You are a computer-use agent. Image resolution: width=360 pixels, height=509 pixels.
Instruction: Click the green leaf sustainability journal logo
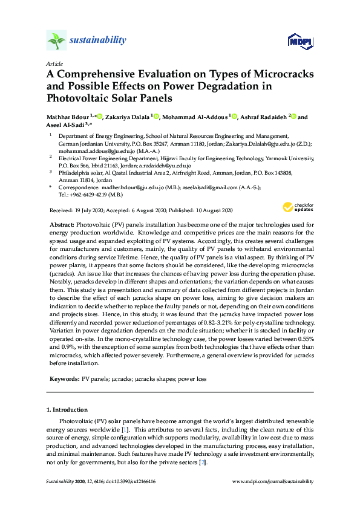pyautogui.click(x=56, y=41)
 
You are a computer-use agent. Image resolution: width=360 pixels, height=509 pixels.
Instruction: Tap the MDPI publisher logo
pyautogui.click(x=299, y=41)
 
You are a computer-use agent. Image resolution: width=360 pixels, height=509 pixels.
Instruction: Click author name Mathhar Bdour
pyautogui.click(x=68, y=117)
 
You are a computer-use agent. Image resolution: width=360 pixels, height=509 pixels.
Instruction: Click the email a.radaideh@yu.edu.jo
pyautogui.click(x=165, y=165)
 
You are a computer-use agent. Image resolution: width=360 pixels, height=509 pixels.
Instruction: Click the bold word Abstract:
pyautogui.click(x=62, y=224)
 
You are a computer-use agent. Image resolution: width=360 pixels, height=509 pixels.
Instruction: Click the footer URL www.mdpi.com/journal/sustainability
pyautogui.click(x=273, y=482)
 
